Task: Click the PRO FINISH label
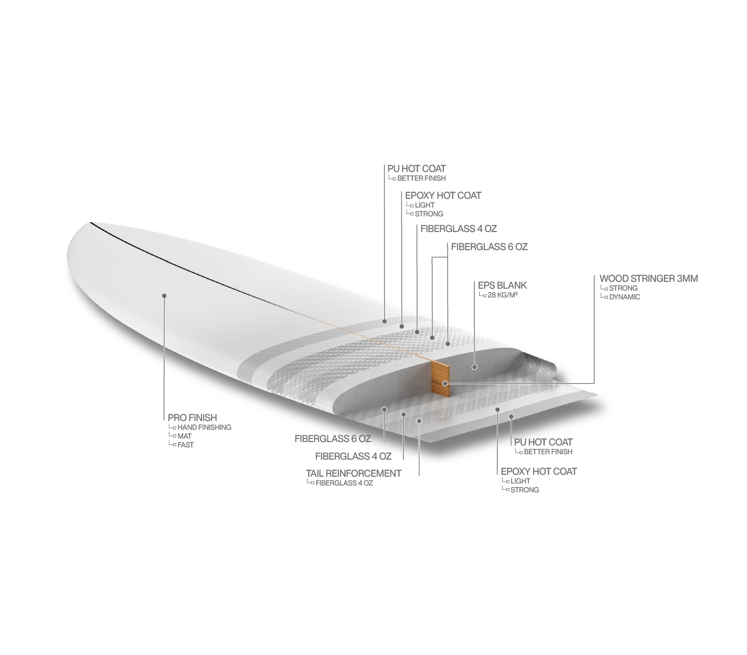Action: click(x=192, y=418)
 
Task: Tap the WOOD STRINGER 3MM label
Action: click(x=648, y=278)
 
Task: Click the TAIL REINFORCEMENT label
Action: click(x=354, y=473)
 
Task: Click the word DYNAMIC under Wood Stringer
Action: click(x=625, y=297)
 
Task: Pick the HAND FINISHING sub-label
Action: click(x=204, y=427)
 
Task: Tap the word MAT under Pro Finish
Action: click(x=184, y=436)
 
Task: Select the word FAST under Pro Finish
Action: click(x=185, y=445)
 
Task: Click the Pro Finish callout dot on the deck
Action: click(x=164, y=296)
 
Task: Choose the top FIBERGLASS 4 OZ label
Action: click(x=459, y=229)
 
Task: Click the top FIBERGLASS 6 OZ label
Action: click(x=489, y=247)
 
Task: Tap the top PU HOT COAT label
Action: click(x=417, y=169)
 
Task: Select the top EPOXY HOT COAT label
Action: click(x=443, y=195)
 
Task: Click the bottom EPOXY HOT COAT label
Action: click(x=539, y=471)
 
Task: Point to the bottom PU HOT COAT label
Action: click(x=543, y=443)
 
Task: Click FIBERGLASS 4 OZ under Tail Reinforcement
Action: click(x=344, y=483)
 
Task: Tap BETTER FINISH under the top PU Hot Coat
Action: click(x=421, y=178)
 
